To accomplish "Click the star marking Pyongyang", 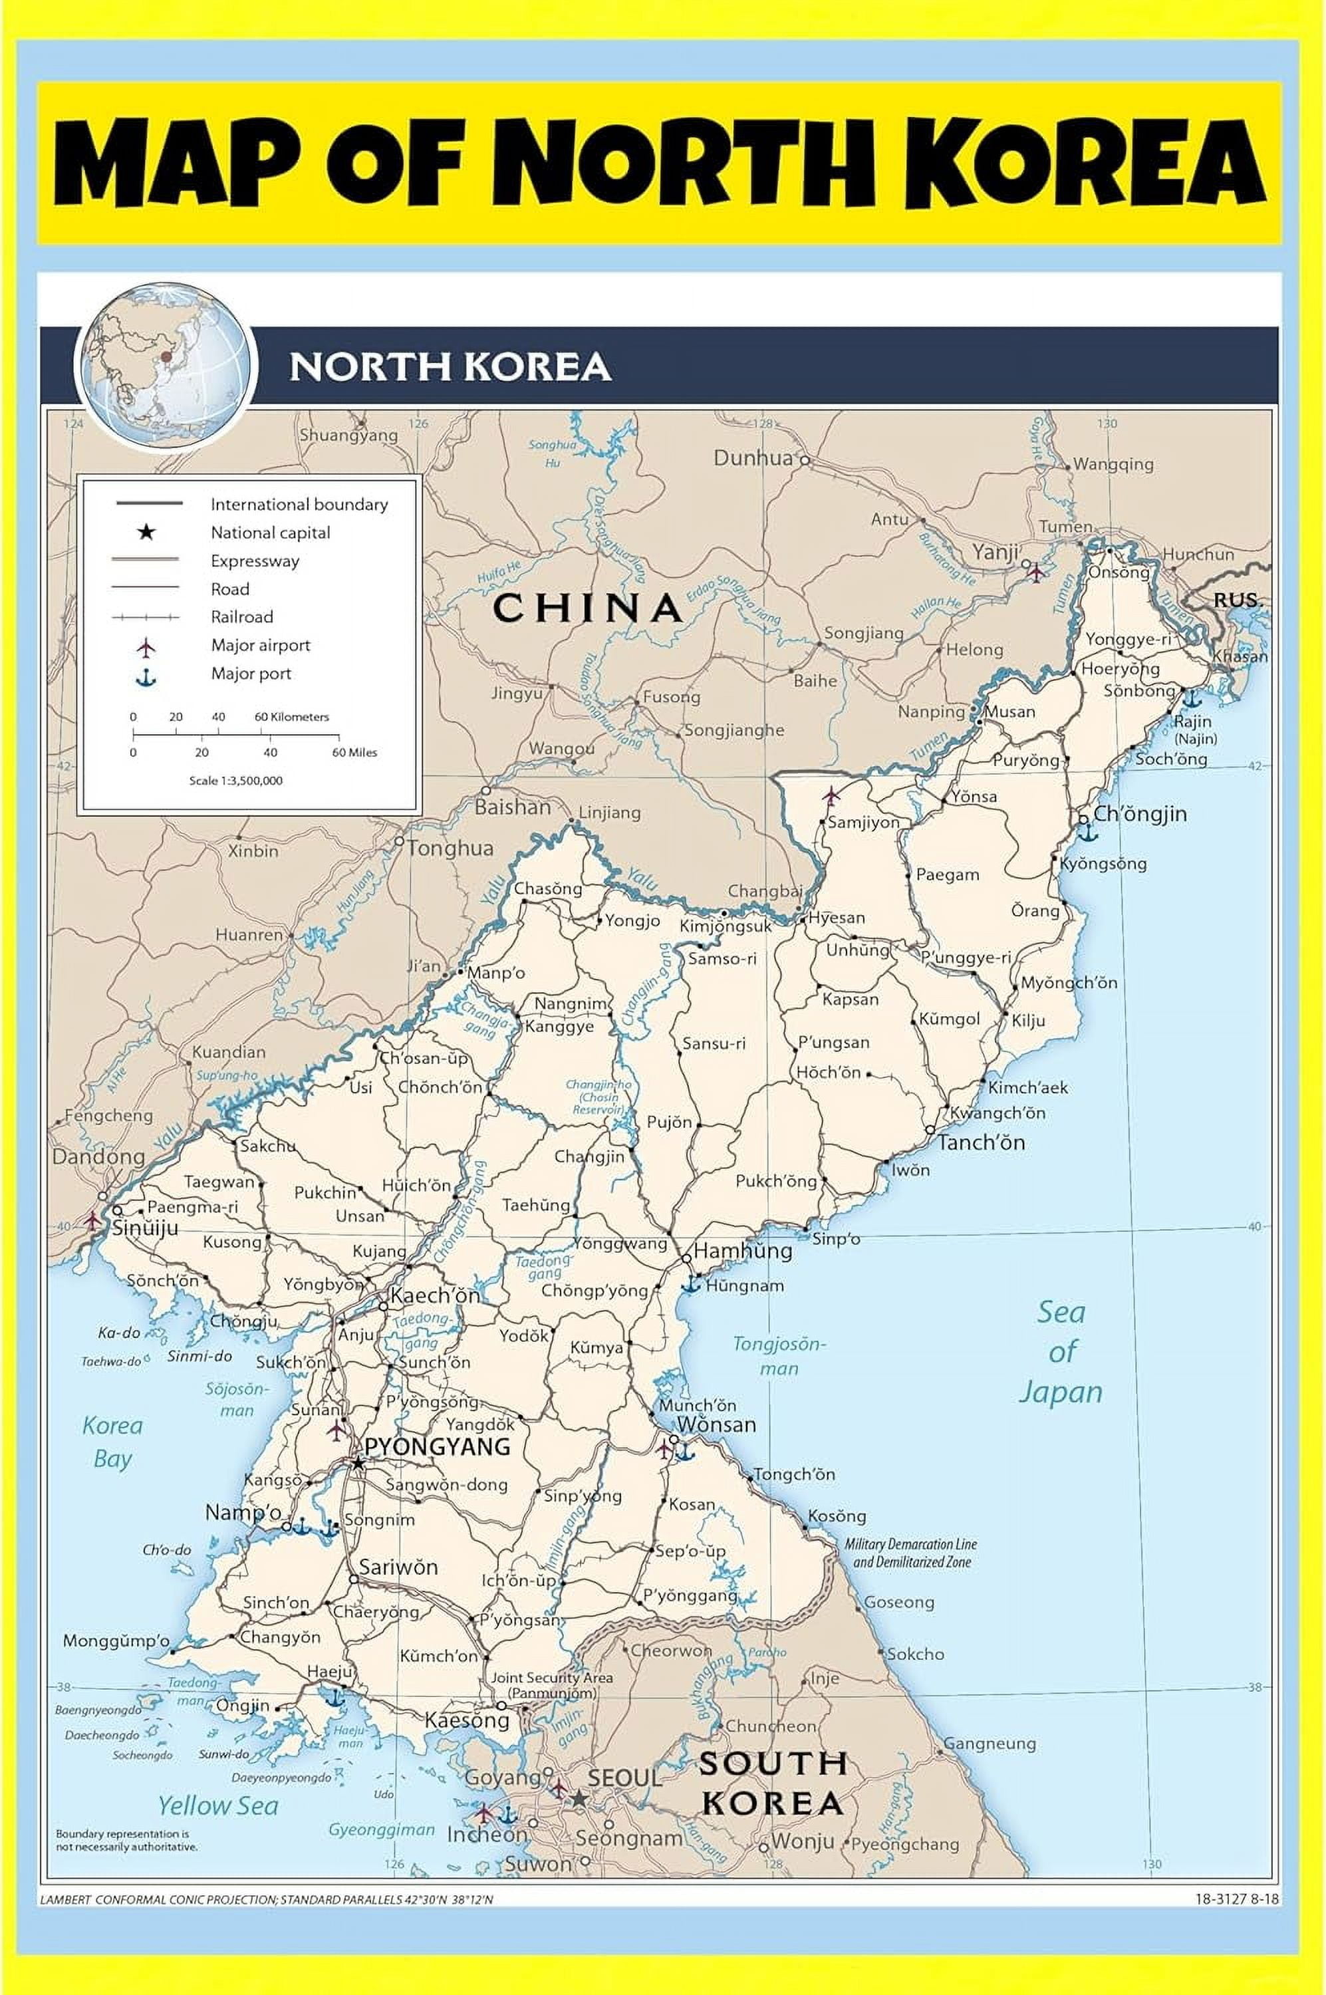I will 358,1462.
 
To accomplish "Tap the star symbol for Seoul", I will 579,1798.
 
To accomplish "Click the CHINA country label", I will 588,608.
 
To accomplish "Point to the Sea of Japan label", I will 1061,1351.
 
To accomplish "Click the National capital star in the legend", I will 146,532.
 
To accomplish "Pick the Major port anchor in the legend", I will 146,678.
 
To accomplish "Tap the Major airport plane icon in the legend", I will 146,648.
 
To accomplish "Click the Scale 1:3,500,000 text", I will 236,781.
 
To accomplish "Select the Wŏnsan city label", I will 716,1424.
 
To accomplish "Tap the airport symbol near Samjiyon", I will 831,796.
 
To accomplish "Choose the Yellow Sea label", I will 218,1805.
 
